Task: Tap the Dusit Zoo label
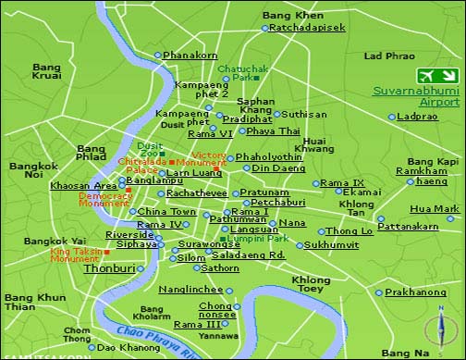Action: click(150, 151)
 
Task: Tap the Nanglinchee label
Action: click(191, 290)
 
